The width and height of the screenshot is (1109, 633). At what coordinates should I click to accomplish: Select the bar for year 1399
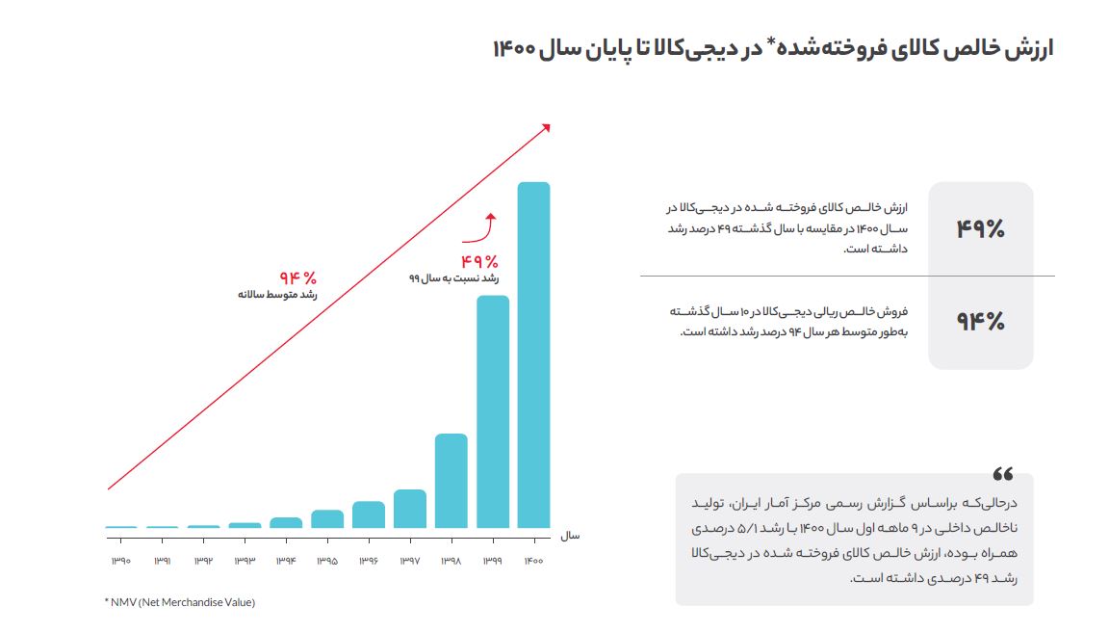coord(493,411)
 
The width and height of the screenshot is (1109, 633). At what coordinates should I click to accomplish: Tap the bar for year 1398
coord(451,481)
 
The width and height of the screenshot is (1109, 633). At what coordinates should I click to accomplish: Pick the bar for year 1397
coord(410,509)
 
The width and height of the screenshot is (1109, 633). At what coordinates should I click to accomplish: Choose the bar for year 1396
coord(369,514)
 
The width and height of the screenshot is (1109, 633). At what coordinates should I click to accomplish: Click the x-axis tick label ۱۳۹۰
coord(121,561)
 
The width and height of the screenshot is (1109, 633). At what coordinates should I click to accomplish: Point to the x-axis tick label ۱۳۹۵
coord(327,561)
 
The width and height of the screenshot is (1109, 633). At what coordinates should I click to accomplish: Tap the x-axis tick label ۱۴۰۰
coord(533,561)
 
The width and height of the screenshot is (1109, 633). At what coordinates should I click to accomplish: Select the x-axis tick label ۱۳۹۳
coord(245,561)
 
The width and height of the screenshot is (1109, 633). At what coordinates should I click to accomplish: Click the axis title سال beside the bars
coord(571,534)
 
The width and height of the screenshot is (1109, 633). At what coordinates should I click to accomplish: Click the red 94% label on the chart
coord(297,277)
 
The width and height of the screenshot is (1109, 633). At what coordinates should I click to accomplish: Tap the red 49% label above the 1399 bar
coord(478,261)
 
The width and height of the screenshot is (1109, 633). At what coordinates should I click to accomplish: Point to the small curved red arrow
coord(480,229)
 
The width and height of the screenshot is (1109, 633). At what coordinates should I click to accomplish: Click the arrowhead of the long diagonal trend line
coord(546,126)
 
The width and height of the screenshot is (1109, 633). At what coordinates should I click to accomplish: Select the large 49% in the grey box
coord(980,229)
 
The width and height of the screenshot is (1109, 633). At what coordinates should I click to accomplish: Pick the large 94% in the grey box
coord(980,322)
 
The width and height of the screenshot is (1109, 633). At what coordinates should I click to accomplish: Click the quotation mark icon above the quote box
coord(1003,474)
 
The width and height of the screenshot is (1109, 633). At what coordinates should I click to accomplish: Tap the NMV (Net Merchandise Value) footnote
coord(180,602)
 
